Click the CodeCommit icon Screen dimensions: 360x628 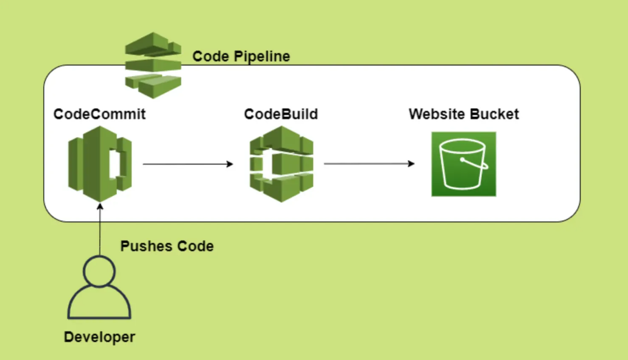coord(100,163)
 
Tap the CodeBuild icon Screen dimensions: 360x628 coord(281,163)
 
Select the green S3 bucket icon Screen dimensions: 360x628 coord(464,164)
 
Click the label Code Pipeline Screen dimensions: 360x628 coord(241,57)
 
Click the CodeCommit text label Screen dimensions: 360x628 coord(100,114)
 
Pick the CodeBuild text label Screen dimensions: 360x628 coord(281,114)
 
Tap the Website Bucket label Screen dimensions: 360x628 coord(464,114)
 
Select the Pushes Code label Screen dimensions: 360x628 coord(167,246)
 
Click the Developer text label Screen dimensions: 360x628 coord(99,337)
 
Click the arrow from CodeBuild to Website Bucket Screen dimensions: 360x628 coord(369,164)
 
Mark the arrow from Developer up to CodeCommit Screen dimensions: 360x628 coord(99,231)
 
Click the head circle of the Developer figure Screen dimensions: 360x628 coord(99,271)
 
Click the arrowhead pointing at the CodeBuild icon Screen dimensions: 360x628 coord(230,164)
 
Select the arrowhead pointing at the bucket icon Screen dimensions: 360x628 coord(411,164)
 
